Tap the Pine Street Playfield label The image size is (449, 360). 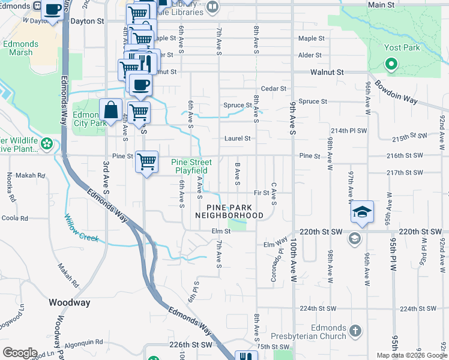pos(191,166)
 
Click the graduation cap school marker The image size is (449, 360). pos(362,212)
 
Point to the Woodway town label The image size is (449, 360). pos(69,302)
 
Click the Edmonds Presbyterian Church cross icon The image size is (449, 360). pos(355,331)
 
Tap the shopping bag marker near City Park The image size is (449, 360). pos(110,110)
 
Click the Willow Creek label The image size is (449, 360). pos(81,229)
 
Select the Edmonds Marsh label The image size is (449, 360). pos(21,48)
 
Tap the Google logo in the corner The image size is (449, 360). pos(20,353)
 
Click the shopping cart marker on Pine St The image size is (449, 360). pos(146,161)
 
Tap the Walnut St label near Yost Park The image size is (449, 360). pos(327,72)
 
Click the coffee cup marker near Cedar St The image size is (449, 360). pos(140,85)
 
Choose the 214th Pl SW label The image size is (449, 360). pos(348,130)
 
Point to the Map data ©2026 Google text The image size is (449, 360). pos(412,355)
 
